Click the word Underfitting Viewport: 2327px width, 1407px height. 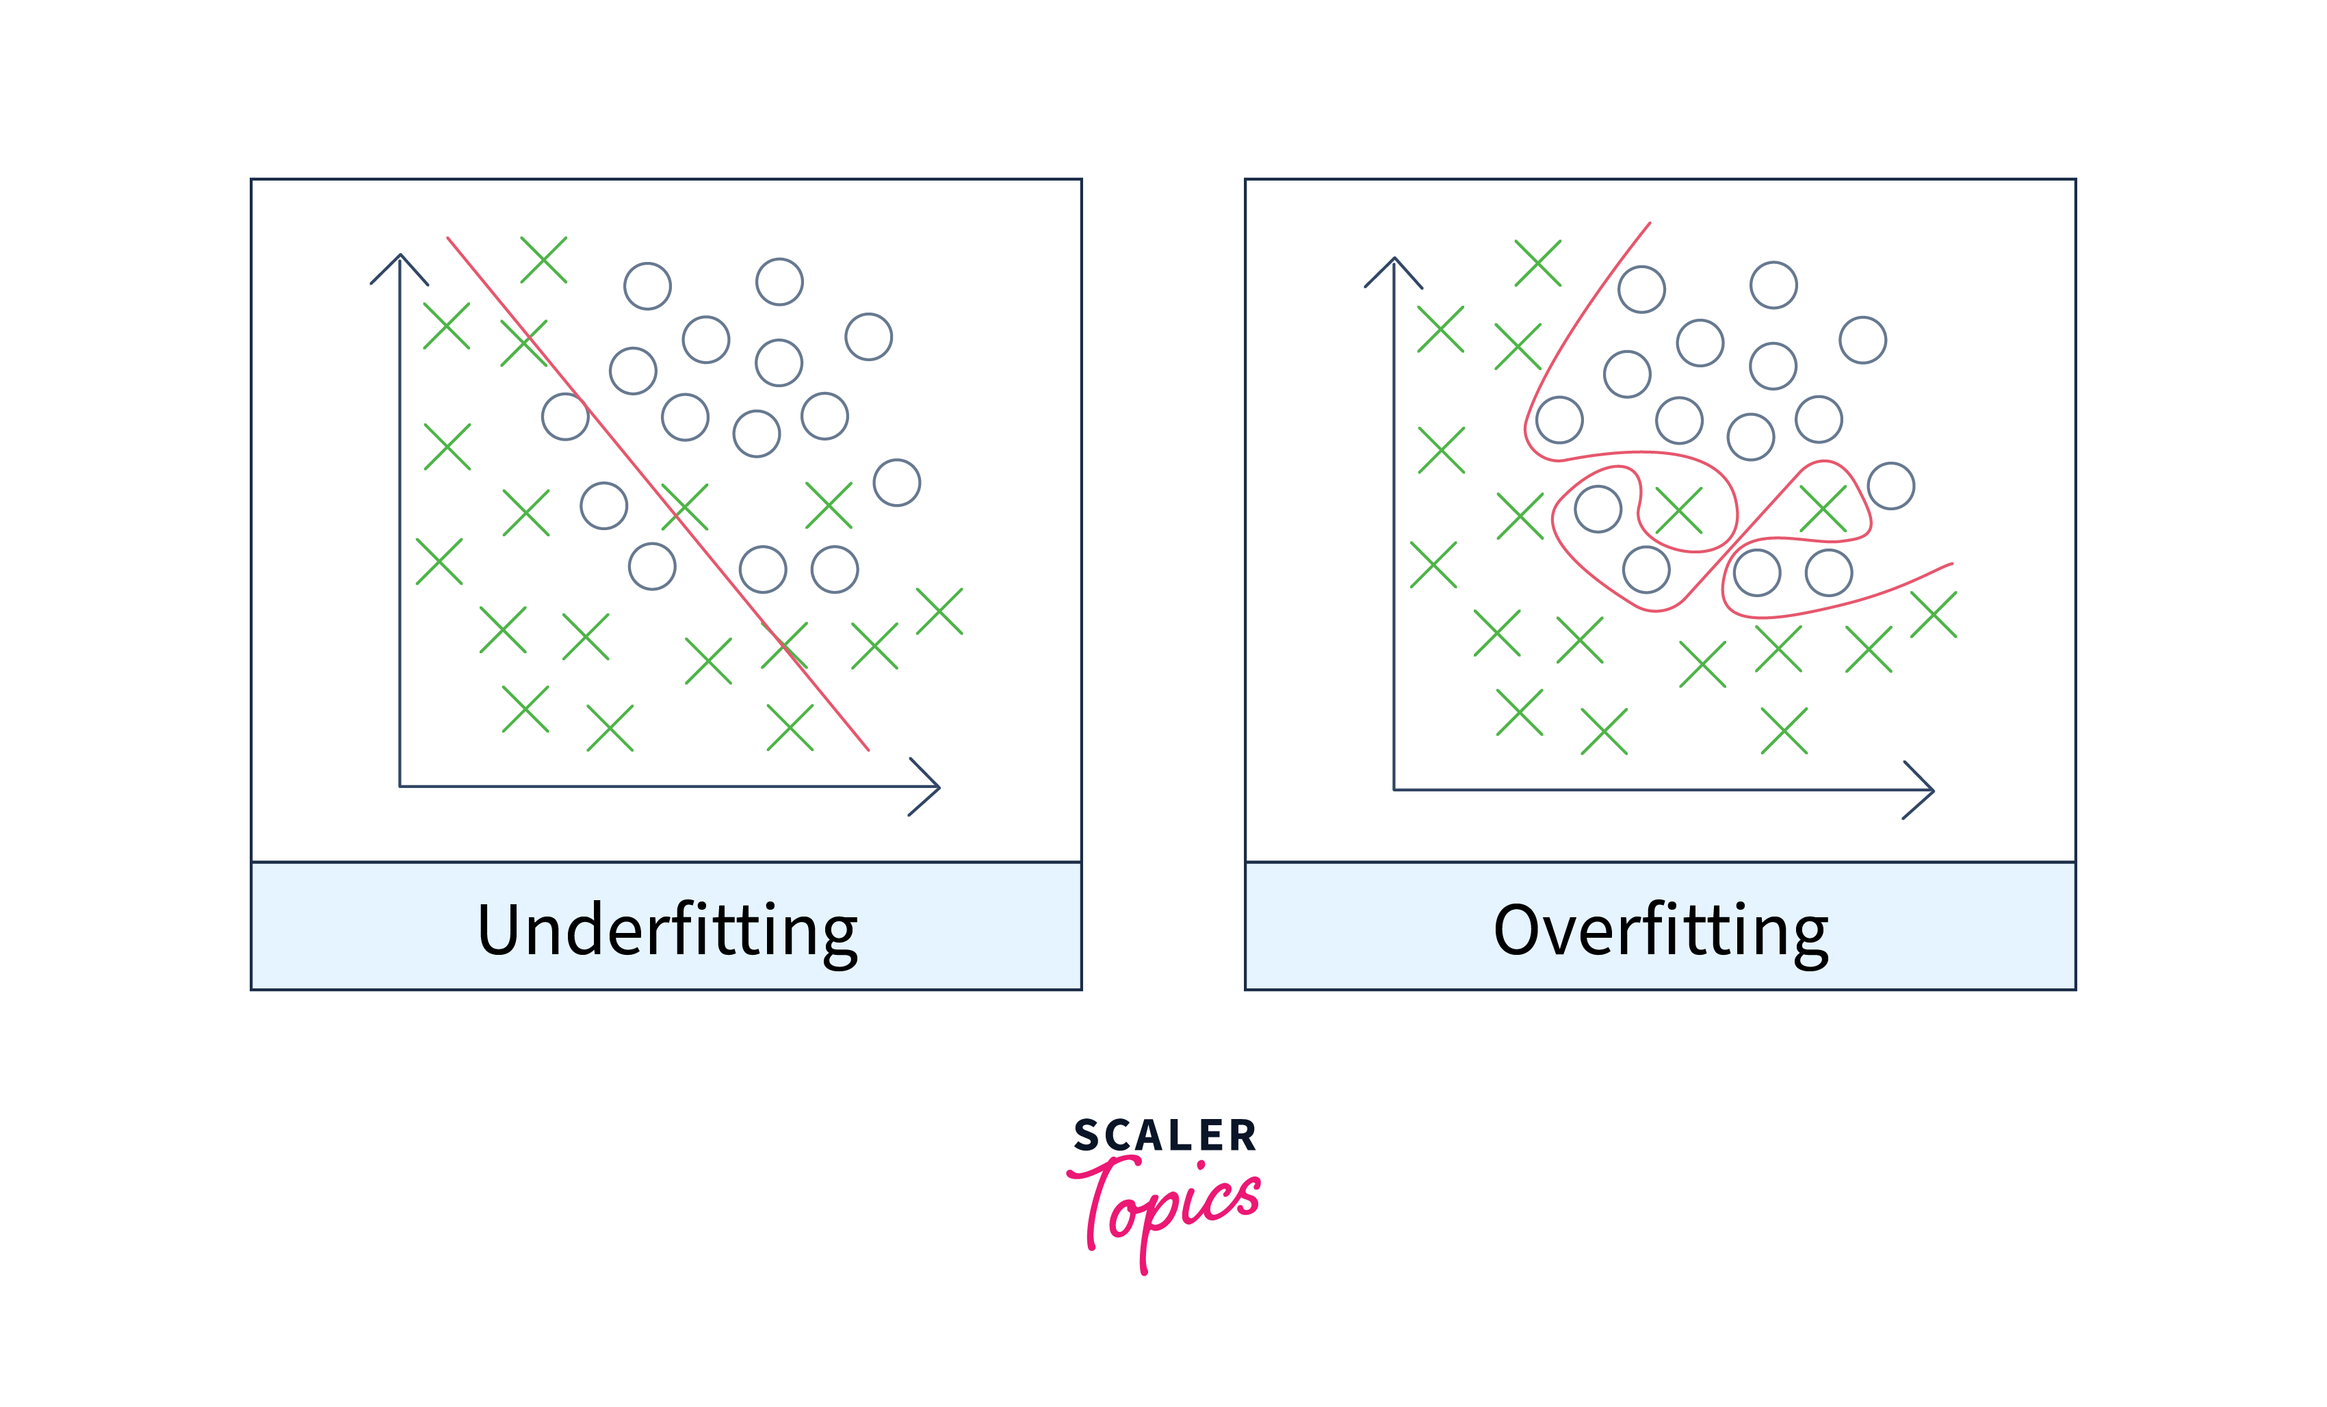(x=666, y=931)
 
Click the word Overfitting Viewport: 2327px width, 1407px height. (x=1661, y=931)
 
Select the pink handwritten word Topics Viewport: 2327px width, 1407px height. (x=1167, y=1204)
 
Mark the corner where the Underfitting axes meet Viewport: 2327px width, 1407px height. (x=400, y=786)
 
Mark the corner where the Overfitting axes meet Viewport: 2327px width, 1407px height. (x=1394, y=789)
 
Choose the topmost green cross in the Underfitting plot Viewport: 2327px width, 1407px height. (x=543, y=260)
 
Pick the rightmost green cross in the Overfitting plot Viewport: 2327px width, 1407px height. (x=1933, y=615)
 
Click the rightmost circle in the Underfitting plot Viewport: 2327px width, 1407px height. (x=896, y=482)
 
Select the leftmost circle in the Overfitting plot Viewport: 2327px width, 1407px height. (x=1559, y=420)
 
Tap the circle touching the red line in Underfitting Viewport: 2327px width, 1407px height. (x=564, y=417)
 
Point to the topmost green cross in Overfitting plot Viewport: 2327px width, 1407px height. (x=1537, y=263)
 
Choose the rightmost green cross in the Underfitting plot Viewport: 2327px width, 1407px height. (x=939, y=611)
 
